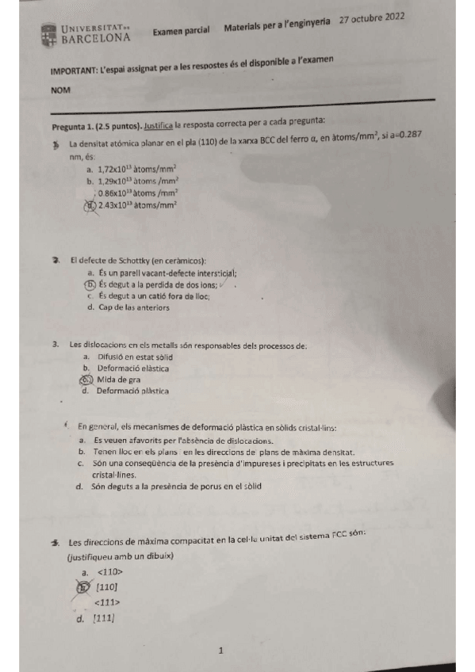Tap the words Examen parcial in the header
[x=181, y=30]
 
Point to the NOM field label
[x=60, y=90]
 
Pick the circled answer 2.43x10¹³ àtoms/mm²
[x=136, y=204]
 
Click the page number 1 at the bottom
[x=221, y=651]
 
